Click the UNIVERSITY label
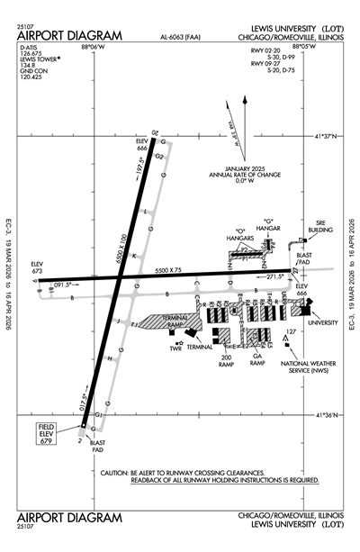click(323, 321)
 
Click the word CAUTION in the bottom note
click(121, 473)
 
